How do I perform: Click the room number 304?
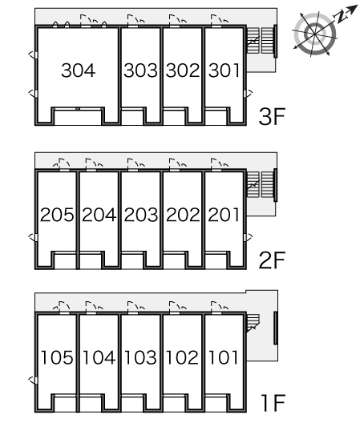click(x=78, y=70)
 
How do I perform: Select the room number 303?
click(x=140, y=70)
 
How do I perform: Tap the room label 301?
click(x=224, y=70)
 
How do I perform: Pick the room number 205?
click(x=57, y=215)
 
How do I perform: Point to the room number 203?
click(x=140, y=215)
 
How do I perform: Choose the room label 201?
click(x=224, y=215)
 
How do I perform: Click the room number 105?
click(x=57, y=357)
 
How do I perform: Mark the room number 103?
click(x=140, y=357)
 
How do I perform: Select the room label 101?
click(x=224, y=357)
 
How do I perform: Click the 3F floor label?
click(x=272, y=116)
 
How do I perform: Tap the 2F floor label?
click(x=272, y=260)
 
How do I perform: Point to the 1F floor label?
click(x=273, y=403)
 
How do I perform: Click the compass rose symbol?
click(x=315, y=34)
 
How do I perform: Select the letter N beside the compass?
click(x=341, y=17)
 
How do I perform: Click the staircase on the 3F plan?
click(x=261, y=41)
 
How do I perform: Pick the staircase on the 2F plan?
click(x=261, y=184)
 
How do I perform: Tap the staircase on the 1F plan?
click(x=253, y=323)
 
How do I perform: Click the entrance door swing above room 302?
click(x=177, y=21)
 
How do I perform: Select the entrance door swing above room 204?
click(x=95, y=164)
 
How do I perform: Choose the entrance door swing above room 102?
click(x=177, y=308)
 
